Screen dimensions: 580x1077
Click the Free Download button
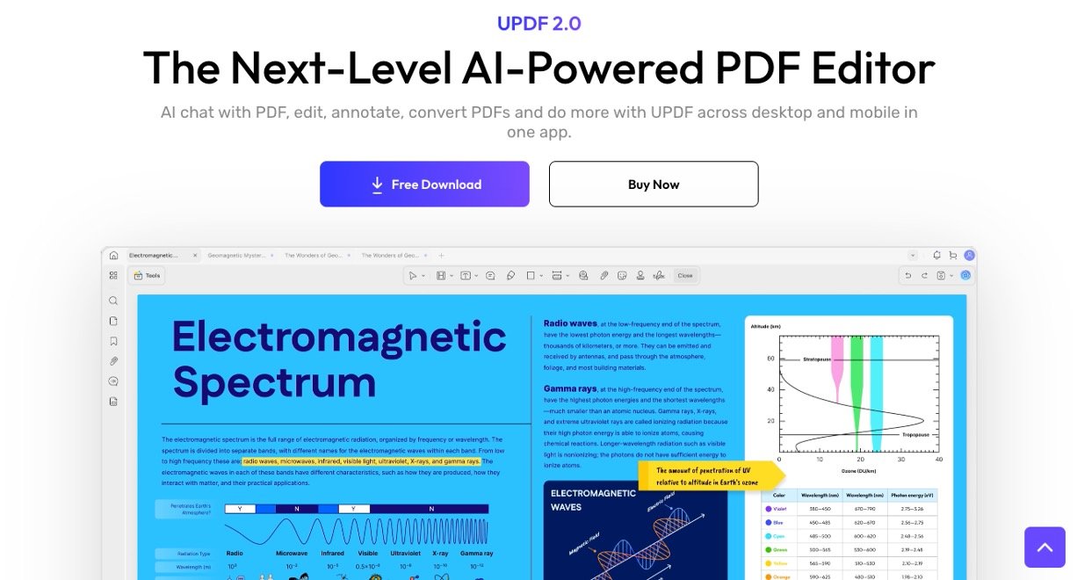(x=424, y=185)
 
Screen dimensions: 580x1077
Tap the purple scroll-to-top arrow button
(x=1044, y=547)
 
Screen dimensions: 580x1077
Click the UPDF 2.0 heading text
(x=538, y=24)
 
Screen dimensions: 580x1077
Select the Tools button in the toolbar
(x=148, y=275)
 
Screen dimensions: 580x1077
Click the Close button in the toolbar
(x=684, y=275)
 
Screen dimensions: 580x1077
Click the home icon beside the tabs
(x=113, y=255)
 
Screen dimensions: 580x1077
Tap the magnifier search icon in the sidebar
(x=113, y=301)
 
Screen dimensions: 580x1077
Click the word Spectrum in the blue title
(x=274, y=381)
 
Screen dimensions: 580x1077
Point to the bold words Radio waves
(x=570, y=323)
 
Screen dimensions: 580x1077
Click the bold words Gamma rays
(x=570, y=388)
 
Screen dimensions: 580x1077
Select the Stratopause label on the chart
(x=818, y=359)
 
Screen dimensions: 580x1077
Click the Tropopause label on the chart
(x=916, y=434)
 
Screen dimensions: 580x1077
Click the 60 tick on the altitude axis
(x=770, y=359)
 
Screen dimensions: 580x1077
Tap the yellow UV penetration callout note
(x=708, y=475)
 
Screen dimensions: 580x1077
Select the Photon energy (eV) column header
(x=913, y=494)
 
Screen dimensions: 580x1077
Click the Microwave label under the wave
(x=292, y=554)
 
